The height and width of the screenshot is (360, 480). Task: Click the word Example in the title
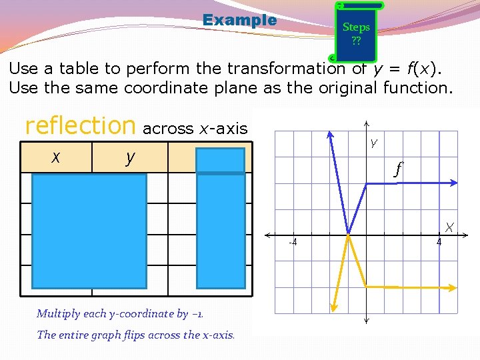pos(239,20)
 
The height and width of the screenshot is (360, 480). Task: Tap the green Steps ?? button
pos(356,32)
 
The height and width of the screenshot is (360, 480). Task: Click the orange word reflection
pos(80,125)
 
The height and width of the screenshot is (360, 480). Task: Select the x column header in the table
pos(57,157)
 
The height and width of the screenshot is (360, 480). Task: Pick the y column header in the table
pos(130,158)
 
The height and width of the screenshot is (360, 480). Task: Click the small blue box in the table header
pos(221,160)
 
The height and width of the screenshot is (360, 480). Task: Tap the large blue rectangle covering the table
pos(89,230)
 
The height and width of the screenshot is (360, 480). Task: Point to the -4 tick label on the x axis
pos(293,242)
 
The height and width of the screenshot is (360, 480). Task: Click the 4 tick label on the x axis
pos(439,242)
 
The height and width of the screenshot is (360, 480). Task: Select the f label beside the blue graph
pos(399,169)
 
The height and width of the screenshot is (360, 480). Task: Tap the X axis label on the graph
pos(450,227)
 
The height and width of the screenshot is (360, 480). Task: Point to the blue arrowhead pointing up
pos(330,133)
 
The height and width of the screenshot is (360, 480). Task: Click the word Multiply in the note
pos(59,313)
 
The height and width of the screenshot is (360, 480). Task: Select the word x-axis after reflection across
pos(223,129)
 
